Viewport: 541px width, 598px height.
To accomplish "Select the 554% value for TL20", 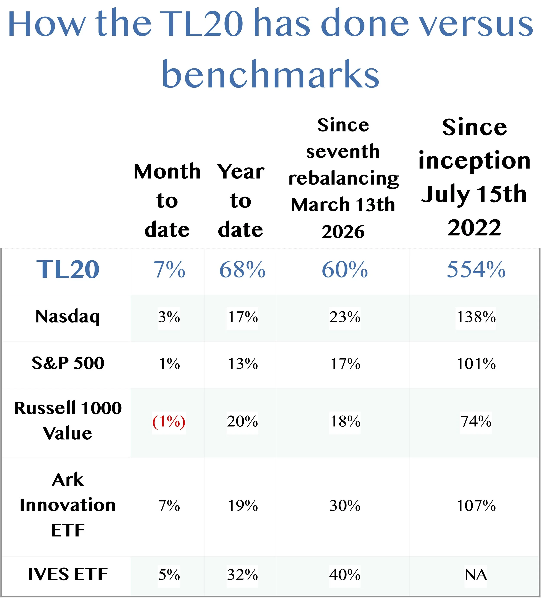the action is point(476,269).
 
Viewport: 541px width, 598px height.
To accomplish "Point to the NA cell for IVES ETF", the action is point(476,575).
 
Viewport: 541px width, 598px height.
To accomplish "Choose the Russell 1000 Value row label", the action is point(68,420).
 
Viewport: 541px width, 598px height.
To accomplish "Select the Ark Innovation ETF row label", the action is point(68,505).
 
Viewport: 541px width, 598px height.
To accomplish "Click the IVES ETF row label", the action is point(68,574).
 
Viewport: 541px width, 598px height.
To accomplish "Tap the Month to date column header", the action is point(167,201).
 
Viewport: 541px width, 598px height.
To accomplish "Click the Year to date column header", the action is point(241,201).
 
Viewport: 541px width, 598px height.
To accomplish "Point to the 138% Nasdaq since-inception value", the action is point(476,317).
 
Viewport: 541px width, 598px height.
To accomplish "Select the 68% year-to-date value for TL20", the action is point(242,269).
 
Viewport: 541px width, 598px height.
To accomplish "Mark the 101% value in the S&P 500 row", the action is point(476,364).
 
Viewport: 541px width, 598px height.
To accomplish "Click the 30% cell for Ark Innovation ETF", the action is point(345,506).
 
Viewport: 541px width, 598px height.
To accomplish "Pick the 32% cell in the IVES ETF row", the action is point(242,575).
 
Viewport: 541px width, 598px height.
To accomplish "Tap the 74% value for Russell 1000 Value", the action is point(476,421).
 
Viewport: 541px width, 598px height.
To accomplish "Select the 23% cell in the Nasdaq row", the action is point(345,317).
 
